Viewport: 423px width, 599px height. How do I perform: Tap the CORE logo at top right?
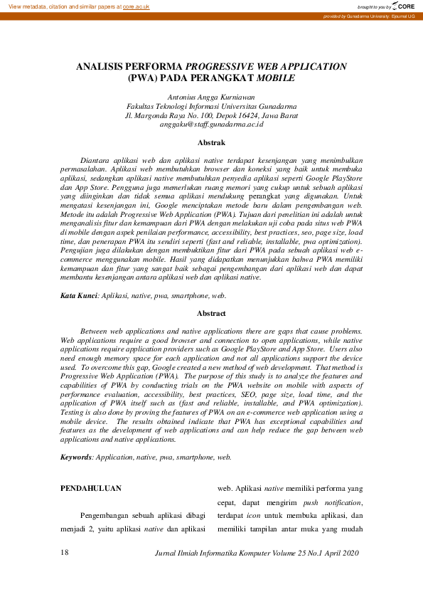[403, 6]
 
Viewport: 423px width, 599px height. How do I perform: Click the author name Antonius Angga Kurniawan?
[211, 95]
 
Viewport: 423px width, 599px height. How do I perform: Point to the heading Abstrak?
[211, 143]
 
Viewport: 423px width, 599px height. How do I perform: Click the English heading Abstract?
[211, 314]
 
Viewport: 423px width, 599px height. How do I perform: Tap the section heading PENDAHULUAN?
[90, 488]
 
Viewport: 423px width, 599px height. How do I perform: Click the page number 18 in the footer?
[65, 553]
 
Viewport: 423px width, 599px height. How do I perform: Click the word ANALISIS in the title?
[102, 66]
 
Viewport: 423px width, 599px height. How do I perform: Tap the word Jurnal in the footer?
[166, 553]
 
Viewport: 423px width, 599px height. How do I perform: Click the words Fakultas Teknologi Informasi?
[173, 105]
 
